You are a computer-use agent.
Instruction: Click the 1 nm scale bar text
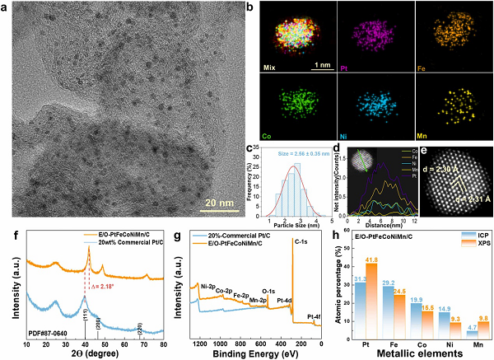click(x=320, y=62)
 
